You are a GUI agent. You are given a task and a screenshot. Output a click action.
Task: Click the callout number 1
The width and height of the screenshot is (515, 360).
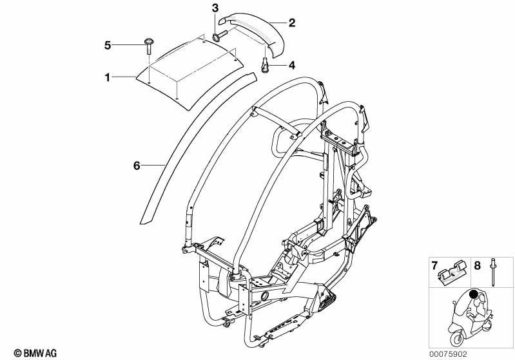pos(107,77)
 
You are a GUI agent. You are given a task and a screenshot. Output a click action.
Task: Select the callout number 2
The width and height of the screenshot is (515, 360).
pos(291,23)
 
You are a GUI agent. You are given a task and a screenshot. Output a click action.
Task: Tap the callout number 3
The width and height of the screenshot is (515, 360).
pos(215,8)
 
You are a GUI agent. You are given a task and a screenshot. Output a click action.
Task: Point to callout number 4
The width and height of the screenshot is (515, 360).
pos(291,65)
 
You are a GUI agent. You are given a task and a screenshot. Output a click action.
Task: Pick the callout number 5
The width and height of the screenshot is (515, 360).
pos(108,45)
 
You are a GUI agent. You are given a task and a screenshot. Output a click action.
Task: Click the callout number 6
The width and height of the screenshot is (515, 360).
pos(137,166)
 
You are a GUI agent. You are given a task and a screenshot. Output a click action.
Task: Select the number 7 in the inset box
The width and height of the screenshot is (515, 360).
pos(434,265)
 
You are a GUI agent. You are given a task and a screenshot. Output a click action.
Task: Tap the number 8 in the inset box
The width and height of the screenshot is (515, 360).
pos(477,265)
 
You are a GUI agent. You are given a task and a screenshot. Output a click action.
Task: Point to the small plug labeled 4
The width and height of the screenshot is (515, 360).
pos(265,65)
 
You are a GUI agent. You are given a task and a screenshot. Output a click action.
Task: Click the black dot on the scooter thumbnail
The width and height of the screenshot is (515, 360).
pos(473,294)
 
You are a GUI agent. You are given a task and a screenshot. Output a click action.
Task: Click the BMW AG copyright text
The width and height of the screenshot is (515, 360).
pos(35,353)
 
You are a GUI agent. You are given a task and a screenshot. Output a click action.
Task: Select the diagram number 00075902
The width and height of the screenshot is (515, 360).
pos(448,354)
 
